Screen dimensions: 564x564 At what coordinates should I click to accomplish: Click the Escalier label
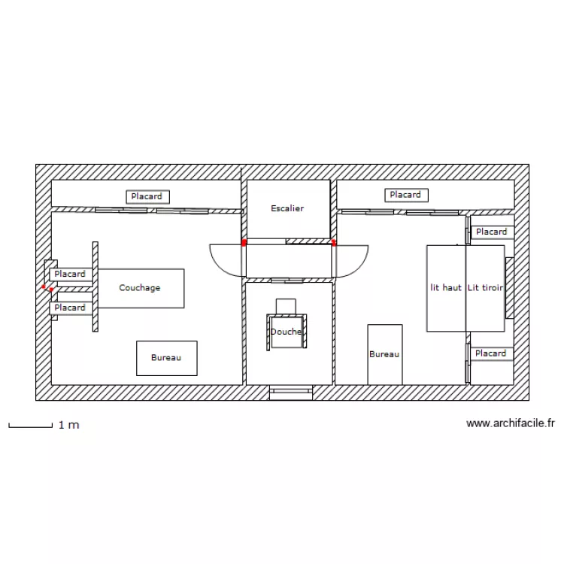click(287, 208)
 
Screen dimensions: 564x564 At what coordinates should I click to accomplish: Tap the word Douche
click(286, 332)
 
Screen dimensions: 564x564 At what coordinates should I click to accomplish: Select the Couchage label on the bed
click(140, 288)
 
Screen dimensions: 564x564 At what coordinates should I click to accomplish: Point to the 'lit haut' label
click(446, 288)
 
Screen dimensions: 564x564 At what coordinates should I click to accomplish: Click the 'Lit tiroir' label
click(485, 288)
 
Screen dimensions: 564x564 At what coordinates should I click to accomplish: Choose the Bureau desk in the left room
click(166, 358)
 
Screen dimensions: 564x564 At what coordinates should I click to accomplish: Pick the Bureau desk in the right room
click(384, 353)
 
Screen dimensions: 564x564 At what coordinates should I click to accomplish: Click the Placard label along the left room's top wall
click(147, 197)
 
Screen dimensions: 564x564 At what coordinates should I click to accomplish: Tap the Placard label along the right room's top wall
click(406, 196)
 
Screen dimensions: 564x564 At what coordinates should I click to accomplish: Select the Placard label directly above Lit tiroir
click(491, 232)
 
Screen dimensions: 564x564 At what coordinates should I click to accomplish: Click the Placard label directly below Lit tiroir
click(491, 353)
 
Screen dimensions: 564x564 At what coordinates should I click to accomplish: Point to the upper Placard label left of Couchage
click(70, 274)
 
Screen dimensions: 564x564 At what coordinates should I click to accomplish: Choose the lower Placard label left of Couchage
click(70, 308)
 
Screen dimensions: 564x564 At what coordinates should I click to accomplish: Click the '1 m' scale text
click(68, 426)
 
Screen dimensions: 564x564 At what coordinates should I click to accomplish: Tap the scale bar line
click(29, 426)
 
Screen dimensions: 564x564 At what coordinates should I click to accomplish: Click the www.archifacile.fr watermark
click(511, 424)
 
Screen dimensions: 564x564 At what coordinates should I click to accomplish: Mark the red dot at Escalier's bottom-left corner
click(244, 243)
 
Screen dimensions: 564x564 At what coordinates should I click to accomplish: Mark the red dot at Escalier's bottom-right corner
click(333, 243)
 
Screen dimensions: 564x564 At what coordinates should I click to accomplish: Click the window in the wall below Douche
click(290, 391)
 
